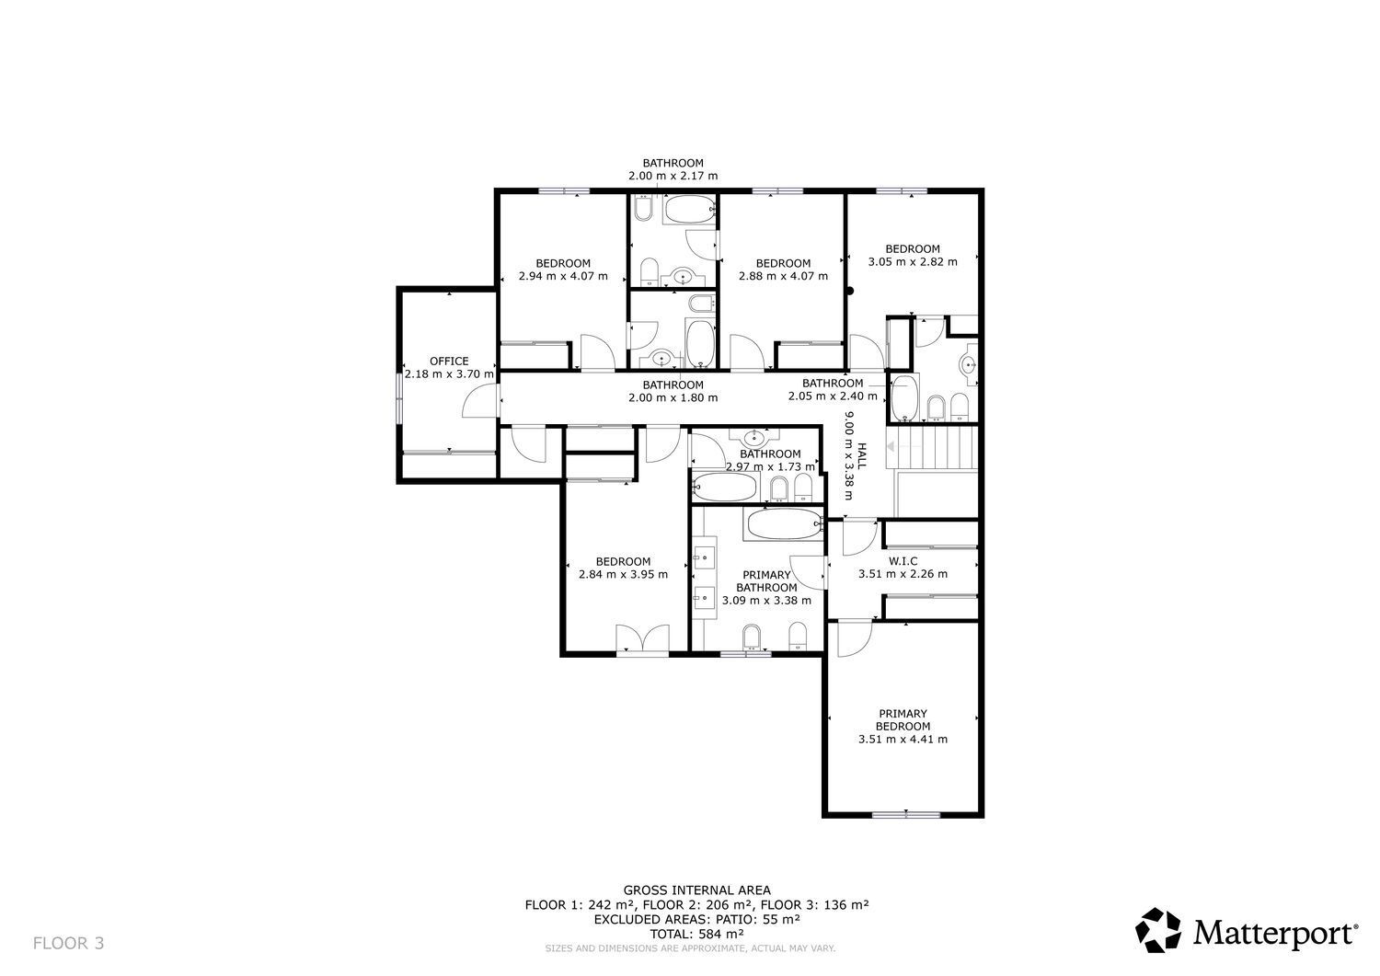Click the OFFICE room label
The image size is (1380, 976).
click(x=449, y=362)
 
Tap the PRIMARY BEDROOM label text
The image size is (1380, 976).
click(x=902, y=719)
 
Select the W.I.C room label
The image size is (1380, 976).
click(x=902, y=560)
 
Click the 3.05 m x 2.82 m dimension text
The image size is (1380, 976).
click(x=913, y=261)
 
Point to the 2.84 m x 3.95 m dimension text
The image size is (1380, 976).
click(x=623, y=574)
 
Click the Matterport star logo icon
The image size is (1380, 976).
click(x=1159, y=931)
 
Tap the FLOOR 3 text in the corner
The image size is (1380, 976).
click(x=69, y=943)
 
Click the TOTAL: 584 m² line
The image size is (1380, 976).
click(x=696, y=933)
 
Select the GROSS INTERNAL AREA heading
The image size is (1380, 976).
click(x=696, y=890)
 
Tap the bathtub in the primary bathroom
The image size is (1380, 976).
click(x=783, y=525)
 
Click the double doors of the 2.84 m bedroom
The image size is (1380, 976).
click(x=641, y=638)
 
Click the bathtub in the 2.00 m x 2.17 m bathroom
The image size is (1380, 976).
click(x=689, y=210)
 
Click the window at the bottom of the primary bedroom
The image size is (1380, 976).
click(x=906, y=814)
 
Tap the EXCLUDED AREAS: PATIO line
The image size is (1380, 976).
click(x=696, y=918)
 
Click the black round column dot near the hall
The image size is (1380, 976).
click(x=850, y=292)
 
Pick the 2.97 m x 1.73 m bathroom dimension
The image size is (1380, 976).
click(x=770, y=467)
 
